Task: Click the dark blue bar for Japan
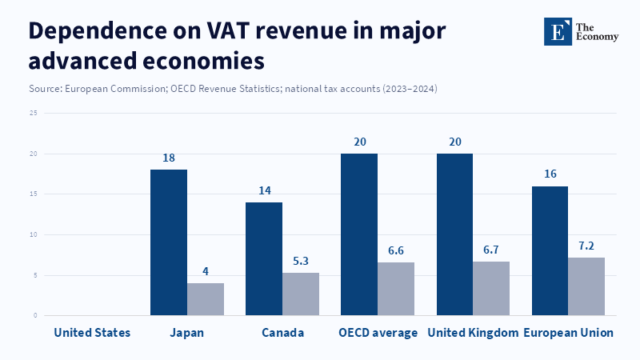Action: pos(169,242)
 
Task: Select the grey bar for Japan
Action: pos(206,299)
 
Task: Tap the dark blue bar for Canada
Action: pos(264,258)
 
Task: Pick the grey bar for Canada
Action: pos(301,294)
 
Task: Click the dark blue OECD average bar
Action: pos(359,234)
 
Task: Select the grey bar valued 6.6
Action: pos(396,289)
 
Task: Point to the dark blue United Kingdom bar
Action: pos(454,234)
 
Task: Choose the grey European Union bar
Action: pos(586,286)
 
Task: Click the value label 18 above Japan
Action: pos(169,158)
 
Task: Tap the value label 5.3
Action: pos(301,261)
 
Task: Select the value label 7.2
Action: pos(586,246)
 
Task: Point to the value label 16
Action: pos(550,174)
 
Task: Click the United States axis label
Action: pos(92,332)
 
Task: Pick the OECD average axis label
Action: pos(378,332)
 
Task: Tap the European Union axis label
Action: pos(568,332)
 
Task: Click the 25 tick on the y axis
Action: pos(33,113)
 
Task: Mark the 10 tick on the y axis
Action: pos(33,234)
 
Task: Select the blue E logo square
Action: pos(558,30)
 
